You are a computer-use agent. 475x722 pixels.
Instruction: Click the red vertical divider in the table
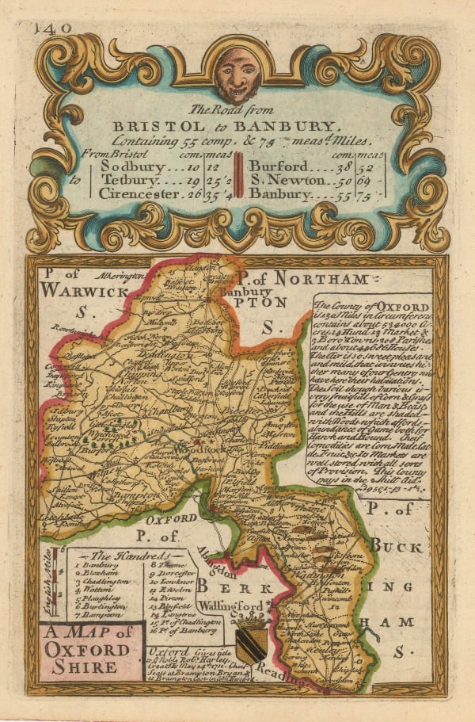click(237, 181)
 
